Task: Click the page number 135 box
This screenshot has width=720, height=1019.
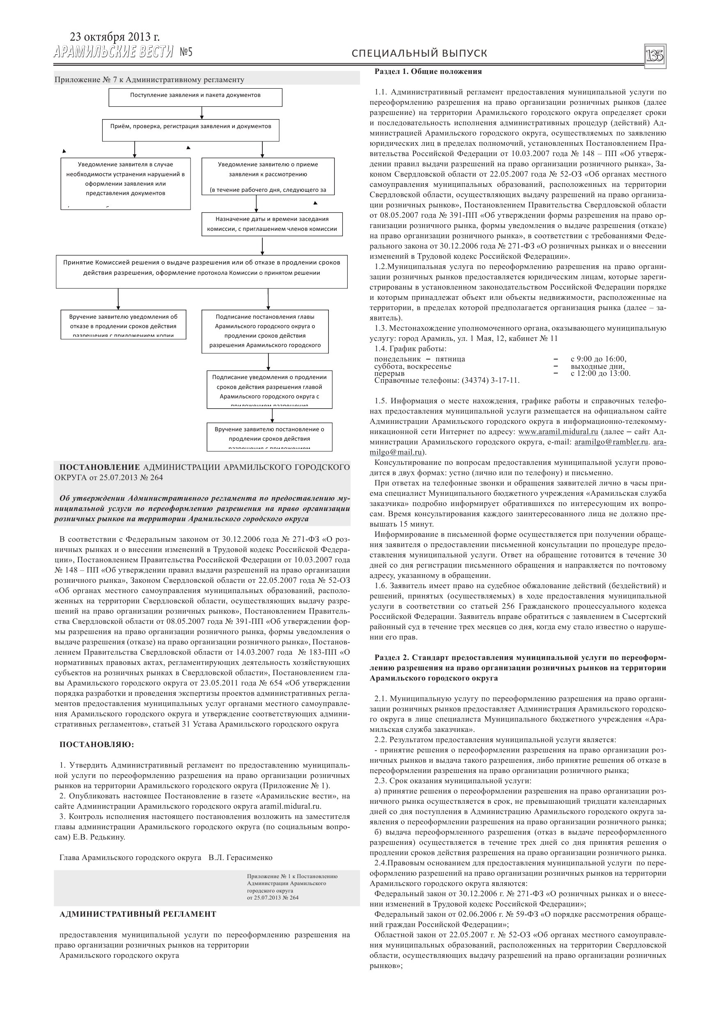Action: (655, 56)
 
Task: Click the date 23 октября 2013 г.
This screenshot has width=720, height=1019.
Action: (115, 37)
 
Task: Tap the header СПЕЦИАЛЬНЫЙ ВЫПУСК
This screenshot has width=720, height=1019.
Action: (419, 54)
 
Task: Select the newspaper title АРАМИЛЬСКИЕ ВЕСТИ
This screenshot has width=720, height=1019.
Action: (114, 53)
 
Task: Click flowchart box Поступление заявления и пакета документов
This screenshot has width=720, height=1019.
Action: (195, 97)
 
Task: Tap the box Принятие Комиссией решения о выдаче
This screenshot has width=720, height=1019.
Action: (202, 271)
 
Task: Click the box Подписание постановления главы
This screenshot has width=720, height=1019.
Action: (265, 331)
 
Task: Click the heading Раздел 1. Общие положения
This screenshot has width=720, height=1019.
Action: (428, 71)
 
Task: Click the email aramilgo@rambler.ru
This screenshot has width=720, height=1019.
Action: (612, 442)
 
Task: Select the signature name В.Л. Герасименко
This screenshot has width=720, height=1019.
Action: (241, 858)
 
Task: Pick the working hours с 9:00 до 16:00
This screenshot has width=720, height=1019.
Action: (598, 359)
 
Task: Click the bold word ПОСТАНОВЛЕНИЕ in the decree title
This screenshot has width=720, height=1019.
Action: (100, 467)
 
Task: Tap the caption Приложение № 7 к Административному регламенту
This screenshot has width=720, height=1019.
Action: (149, 80)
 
